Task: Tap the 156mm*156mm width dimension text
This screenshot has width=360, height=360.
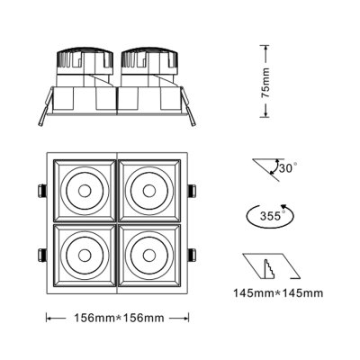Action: pyautogui.click(x=117, y=317)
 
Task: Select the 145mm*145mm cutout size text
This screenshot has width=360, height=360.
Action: pyautogui.click(x=278, y=292)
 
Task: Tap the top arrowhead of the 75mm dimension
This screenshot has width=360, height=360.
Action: pyautogui.click(x=266, y=44)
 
